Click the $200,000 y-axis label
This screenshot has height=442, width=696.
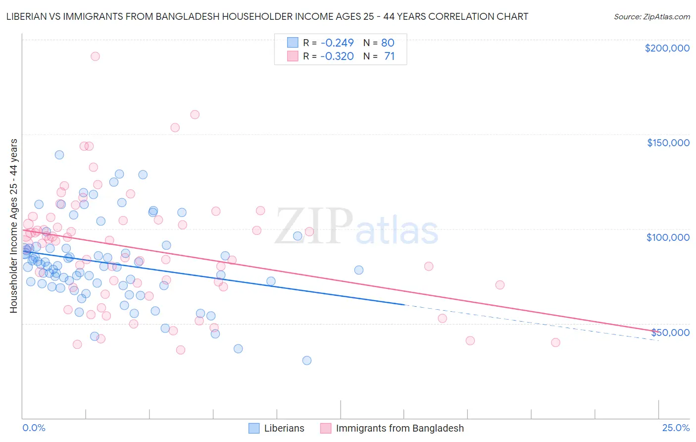click(x=667, y=48)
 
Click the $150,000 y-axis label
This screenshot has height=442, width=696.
click(x=668, y=143)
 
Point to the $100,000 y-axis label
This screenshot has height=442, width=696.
click(x=668, y=237)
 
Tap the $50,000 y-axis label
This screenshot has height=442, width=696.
click(x=670, y=332)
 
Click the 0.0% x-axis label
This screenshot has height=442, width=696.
click(x=34, y=428)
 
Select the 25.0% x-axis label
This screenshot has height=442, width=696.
click(x=676, y=428)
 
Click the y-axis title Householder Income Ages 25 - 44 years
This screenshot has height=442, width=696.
click(x=13, y=225)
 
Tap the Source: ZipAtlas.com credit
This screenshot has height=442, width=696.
click(x=651, y=16)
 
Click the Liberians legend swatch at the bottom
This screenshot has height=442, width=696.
click(x=254, y=428)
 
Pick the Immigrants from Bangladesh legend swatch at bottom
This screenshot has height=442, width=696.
click(x=325, y=428)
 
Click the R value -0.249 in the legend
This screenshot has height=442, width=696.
click(x=337, y=43)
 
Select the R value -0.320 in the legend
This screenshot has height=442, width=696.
click(x=337, y=56)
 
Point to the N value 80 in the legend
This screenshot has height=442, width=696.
click(x=388, y=43)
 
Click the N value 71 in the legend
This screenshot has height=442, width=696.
click(x=389, y=56)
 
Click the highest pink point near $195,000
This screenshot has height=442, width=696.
click(x=95, y=56)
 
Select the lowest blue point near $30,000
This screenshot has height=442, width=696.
click(x=307, y=360)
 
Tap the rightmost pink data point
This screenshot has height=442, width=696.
click(x=555, y=342)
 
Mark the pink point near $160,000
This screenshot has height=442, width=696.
click(x=195, y=114)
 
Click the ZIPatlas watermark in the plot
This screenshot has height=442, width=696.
click(x=356, y=227)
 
